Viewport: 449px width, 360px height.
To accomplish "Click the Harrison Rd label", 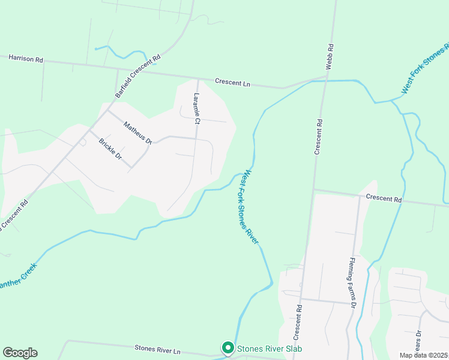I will (x=26, y=59).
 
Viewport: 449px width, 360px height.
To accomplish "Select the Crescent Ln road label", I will (x=232, y=83).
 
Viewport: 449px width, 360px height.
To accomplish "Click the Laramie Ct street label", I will (x=196, y=109).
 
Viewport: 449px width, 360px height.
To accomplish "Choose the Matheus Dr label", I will (x=137, y=133).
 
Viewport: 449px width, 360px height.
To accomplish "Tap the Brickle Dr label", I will (x=110, y=149).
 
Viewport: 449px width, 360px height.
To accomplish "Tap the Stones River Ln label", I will (x=157, y=349).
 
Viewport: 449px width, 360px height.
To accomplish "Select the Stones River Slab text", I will (x=270, y=349).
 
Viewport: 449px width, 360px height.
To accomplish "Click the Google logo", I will (x=20, y=353).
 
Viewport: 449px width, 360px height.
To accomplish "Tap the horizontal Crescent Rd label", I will (x=383, y=198).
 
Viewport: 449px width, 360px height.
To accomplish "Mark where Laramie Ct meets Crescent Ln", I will (x=198, y=79).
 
